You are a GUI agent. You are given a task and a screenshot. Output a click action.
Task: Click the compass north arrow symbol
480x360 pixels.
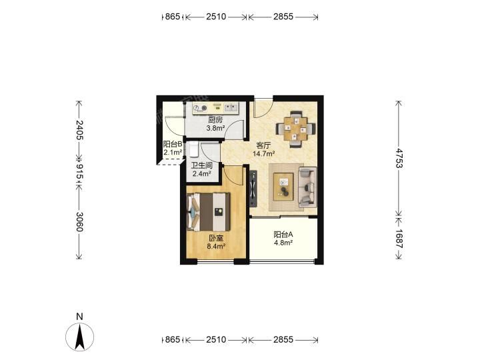(x=79, y=337)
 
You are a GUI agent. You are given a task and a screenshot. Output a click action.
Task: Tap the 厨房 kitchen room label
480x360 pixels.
(x=215, y=120)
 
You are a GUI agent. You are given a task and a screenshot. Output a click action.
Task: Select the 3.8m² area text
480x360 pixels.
(x=215, y=128)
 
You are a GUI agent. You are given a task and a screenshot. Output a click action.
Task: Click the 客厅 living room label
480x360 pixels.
(x=263, y=146)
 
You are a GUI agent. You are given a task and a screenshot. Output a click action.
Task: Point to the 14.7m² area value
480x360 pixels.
(x=263, y=154)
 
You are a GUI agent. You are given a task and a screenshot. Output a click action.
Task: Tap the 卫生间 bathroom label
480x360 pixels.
(x=202, y=166)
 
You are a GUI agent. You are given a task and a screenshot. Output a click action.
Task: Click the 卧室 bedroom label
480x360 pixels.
(x=216, y=238)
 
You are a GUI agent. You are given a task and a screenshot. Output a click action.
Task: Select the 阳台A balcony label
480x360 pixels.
(x=283, y=235)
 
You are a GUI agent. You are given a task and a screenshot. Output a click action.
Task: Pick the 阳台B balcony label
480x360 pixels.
(x=173, y=144)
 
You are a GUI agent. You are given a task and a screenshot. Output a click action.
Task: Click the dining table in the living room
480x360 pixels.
(x=296, y=129)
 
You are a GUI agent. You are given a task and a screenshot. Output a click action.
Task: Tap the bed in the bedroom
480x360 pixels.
(x=208, y=212)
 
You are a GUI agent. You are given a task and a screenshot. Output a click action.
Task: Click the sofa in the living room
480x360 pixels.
(x=307, y=187)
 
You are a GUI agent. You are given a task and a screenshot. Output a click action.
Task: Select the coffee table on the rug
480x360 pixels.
(x=283, y=187)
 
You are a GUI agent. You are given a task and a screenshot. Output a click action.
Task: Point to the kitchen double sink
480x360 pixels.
(x=231, y=107)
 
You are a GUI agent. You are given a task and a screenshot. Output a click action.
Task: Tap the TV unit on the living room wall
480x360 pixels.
(x=253, y=189)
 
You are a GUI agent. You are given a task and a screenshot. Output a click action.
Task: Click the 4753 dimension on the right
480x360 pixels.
(x=399, y=158)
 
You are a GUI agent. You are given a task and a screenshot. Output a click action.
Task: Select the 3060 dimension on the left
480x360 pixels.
(x=79, y=221)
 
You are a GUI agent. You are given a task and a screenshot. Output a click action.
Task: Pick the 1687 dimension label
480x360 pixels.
(x=399, y=239)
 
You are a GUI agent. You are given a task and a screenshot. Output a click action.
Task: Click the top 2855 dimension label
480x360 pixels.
(x=283, y=17)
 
